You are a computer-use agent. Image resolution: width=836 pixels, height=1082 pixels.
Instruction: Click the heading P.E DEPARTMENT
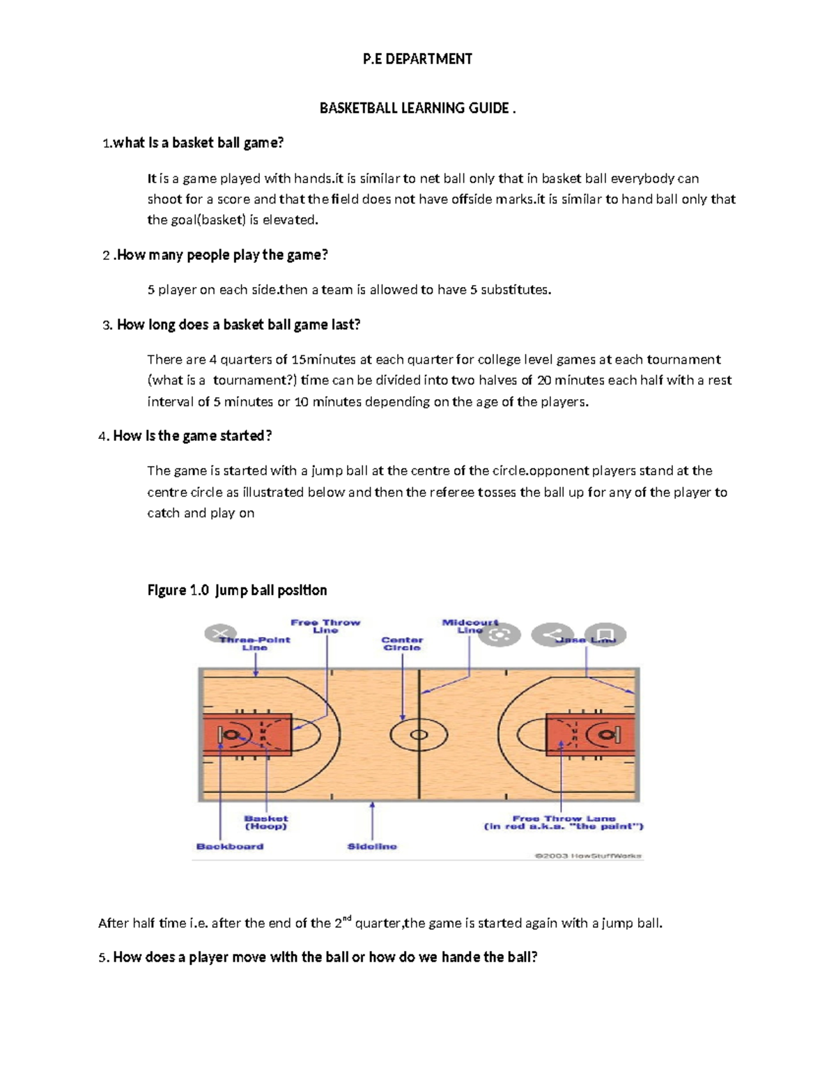coord(417,59)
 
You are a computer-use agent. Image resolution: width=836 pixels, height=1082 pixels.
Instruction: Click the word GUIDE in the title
coord(488,108)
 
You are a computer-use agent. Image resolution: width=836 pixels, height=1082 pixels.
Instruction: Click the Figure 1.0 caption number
coord(199,590)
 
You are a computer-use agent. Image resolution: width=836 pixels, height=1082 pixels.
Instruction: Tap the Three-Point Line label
coord(255,643)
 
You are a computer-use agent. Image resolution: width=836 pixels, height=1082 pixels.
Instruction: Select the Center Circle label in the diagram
coord(402,643)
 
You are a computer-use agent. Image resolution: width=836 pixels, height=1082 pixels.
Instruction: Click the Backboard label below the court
coord(230,847)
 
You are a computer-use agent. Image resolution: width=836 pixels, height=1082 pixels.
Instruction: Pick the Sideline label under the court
coord(372,847)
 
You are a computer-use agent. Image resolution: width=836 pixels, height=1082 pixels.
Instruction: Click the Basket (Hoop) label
coord(265,823)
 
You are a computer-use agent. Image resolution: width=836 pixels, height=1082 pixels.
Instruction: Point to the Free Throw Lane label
coord(564,823)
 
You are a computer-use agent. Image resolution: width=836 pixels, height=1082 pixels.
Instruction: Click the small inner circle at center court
coord(419,734)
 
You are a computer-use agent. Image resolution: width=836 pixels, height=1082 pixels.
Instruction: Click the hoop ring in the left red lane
coord(233,734)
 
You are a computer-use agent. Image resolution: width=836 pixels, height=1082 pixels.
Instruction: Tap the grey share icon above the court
coord(552,635)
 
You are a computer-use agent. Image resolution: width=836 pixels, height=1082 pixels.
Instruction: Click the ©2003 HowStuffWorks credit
coord(588,856)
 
